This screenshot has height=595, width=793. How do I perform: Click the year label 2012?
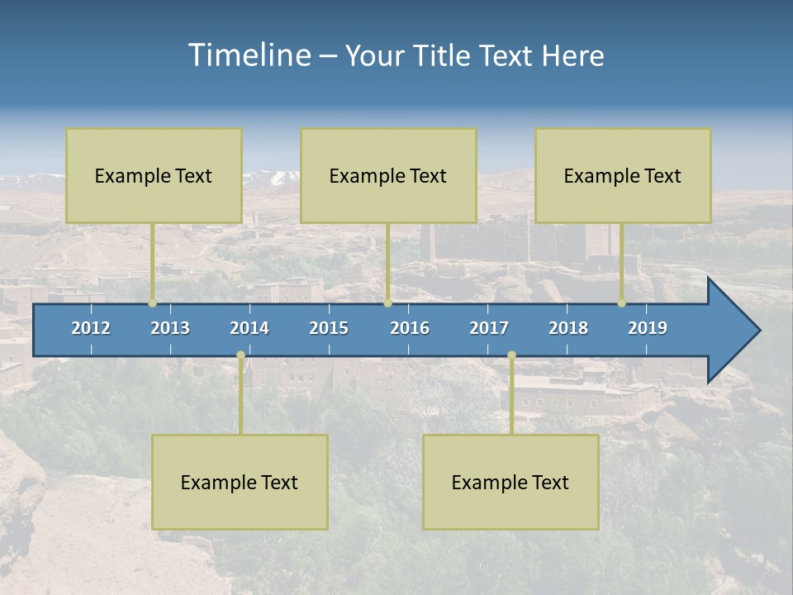pos(91,328)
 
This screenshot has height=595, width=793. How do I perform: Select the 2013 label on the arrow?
pos(170,328)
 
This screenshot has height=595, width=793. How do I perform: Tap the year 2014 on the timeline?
pos(249,328)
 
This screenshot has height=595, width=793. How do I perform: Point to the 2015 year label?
pos(329,328)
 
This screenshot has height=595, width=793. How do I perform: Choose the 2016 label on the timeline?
pos(410,328)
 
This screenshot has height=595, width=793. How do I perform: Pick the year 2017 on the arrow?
pos(489,328)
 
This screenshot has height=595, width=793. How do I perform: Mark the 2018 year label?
pos(568,328)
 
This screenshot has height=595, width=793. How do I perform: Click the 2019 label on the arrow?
pos(648,328)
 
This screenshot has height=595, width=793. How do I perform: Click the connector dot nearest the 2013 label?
pos(153,303)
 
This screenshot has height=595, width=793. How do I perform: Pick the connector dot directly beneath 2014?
pos(240,355)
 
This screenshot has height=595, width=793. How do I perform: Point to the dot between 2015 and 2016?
pos(387,303)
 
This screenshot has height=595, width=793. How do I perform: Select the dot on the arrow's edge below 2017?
pos(511,355)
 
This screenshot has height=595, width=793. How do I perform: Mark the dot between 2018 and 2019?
pos(622,303)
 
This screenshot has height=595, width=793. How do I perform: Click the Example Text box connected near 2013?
pos(154,175)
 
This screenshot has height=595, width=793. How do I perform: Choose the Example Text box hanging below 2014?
pos(240,482)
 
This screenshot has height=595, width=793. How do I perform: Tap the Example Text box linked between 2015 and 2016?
pos(388,175)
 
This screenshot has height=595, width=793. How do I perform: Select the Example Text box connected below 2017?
pos(510,482)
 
